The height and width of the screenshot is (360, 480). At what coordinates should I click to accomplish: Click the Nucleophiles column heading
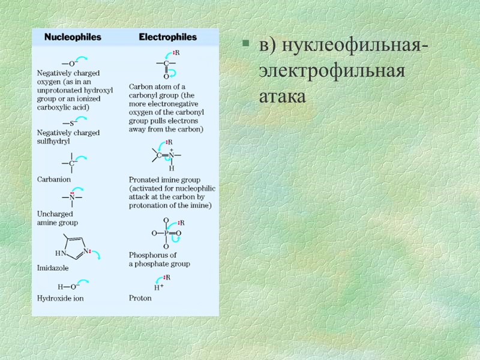[73, 37]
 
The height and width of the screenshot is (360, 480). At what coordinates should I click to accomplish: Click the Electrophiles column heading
[167, 37]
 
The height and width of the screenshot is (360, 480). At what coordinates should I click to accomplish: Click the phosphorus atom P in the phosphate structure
[166, 233]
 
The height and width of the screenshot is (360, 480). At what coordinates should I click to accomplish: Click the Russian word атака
[282, 95]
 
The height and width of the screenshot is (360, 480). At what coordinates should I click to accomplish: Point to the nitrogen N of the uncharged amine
[72, 196]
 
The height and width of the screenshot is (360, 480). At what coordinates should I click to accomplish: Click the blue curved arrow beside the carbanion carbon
[85, 157]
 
